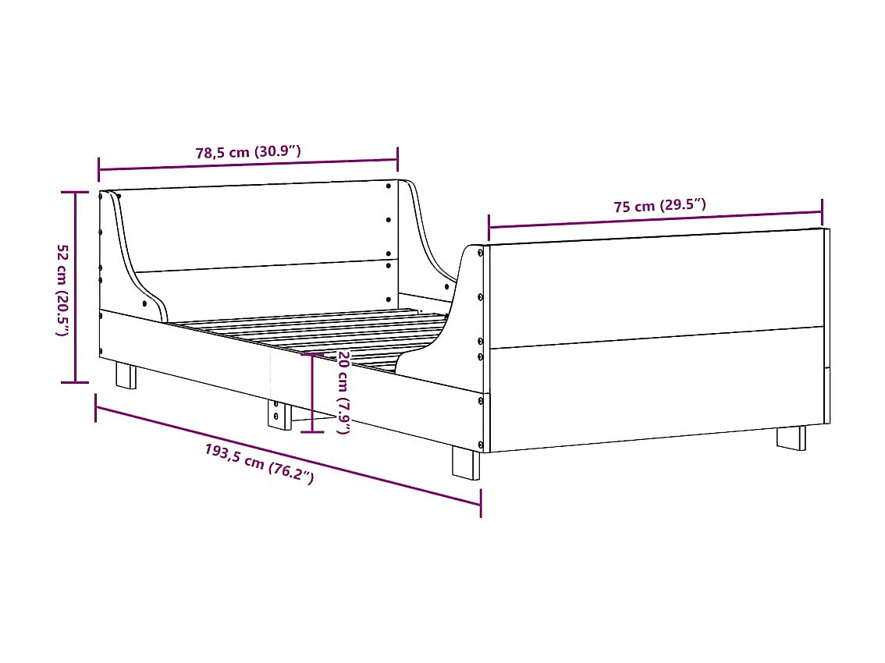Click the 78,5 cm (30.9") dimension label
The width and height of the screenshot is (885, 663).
click(247, 152)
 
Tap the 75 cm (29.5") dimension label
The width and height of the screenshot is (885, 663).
click(659, 207)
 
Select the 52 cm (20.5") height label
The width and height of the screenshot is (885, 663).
click(62, 289)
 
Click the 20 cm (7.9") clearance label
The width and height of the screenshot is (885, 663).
click(343, 392)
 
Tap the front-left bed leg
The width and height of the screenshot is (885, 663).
click(126, 375)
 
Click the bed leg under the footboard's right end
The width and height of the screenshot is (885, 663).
click(791, 437)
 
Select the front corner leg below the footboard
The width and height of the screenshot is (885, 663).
click(467, 462)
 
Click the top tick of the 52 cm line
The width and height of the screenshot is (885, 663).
click(75, 192)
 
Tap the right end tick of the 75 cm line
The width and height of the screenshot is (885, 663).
click(822, 211)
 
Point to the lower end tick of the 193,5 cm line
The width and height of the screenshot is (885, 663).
click(481, 503)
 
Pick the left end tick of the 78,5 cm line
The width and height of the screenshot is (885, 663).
click(99, 169)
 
